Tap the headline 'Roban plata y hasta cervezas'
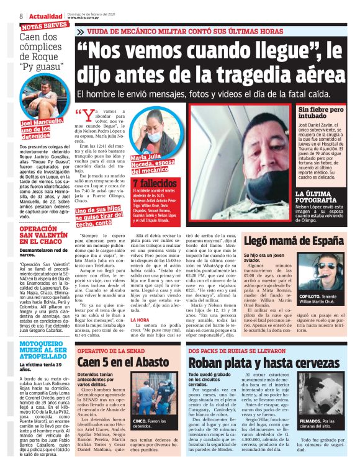click(256, 362)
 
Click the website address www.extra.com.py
click(84, 19)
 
